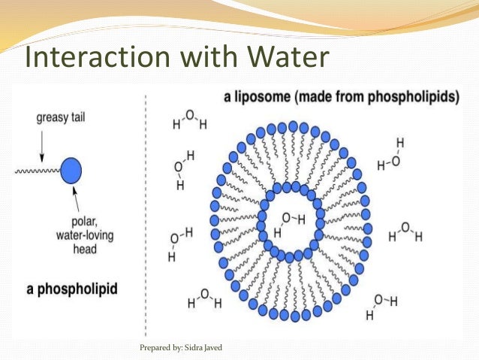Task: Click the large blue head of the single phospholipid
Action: pyautogui.click(x=70, y=172)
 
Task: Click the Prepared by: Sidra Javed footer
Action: pyautogui.click(x=182, y=348)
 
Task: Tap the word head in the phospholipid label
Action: pyautogui.click(x=80, y=249)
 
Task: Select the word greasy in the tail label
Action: pyautogui.click(x=52, y=118)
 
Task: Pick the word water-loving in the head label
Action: pyautogui.click(x=79, y=236)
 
